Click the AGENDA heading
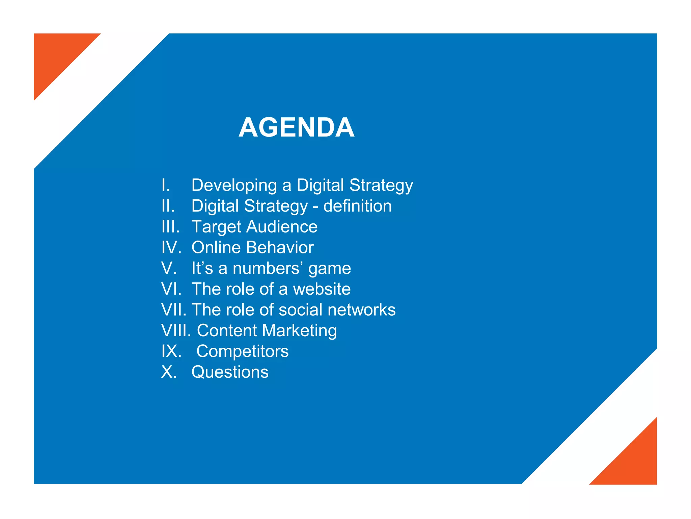296,127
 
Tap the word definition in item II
357,206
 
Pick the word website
322,289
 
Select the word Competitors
242,351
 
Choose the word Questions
230,372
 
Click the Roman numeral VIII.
176,330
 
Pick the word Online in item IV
216,247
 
